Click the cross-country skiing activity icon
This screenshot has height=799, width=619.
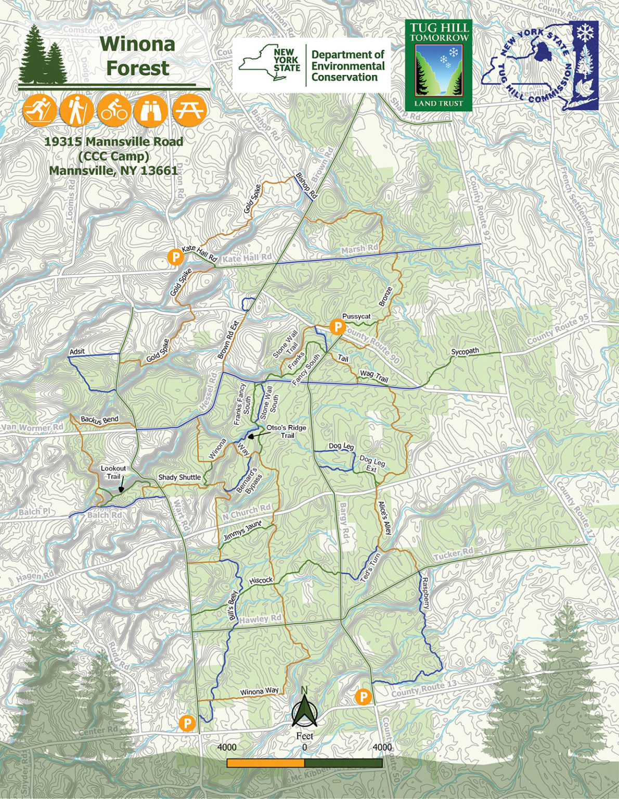click(x=40, y=110)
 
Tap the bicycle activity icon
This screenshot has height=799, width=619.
click(x=114, y=110)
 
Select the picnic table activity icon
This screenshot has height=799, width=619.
click(x=189, y=110)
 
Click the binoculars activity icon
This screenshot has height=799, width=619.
click(x=151, y=110)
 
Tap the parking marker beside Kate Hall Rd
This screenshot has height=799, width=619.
click(x=176, y=256)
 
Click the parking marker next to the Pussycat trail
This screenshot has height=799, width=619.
click(x=338, y=327)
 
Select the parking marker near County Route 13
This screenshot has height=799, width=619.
click(x=364, y=697)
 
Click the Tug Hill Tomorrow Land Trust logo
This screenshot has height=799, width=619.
click(x=438, y=66)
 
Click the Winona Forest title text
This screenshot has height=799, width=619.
click(x=137, y=56)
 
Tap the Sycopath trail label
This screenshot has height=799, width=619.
click(x=465, y=352)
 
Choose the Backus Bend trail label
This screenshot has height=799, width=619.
click(x=99, y=420)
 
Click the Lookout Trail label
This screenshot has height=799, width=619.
click(x=113, y=472)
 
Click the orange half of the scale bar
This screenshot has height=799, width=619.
click(x=265, y=763)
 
